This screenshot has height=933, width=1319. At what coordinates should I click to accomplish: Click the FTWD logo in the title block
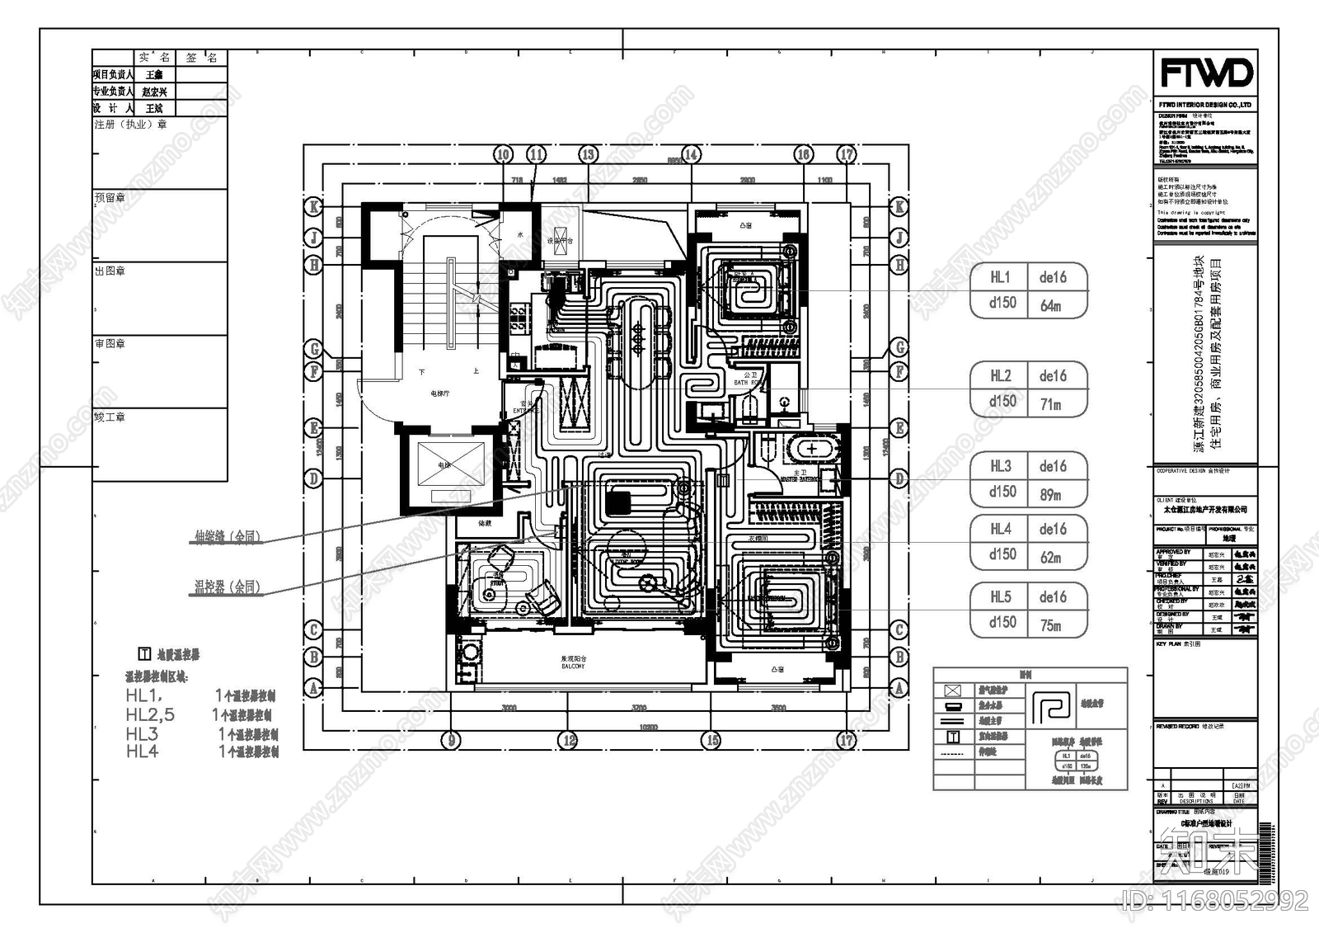pyautogui.click(x=1206, y=73)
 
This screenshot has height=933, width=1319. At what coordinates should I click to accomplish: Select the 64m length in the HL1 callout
pyautogui.click(x=1051, y=306)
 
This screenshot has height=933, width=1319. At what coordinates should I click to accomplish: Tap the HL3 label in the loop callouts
pyautogui.click(x=1001, y=466)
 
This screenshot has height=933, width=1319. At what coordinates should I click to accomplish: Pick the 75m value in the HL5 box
pyautogui.click(x=1051, y=625)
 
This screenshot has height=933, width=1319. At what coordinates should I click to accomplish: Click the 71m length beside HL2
pyautogui.click(x=1051, y=404)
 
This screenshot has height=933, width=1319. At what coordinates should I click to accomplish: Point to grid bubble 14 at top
pyautogui.click(x=691, y=154)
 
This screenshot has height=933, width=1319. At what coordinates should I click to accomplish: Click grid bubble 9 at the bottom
pyautogui.click(x=450, y=740)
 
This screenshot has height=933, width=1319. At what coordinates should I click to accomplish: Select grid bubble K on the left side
pyautogui.click(x=313, y=206)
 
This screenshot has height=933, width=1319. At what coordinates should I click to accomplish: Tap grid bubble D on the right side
pyautogui.click(x=899, y=478)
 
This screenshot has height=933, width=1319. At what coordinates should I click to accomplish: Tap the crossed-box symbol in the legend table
pyautogui.click(x=953, y=690)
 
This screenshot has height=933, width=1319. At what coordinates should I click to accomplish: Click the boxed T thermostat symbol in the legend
pyautogui.click(x=953, y=737)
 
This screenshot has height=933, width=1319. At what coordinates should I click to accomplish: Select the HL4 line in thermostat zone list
pyautogui.click(x=143, y=752)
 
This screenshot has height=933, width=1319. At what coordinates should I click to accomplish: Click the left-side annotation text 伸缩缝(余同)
pyautogui.click(x=228, y=537)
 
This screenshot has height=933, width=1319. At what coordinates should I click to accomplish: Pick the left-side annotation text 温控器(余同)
pyautogui.click(x=228, y=587)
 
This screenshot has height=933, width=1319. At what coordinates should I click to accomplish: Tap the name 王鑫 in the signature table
pyautogui.click(x=154, y=74)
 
